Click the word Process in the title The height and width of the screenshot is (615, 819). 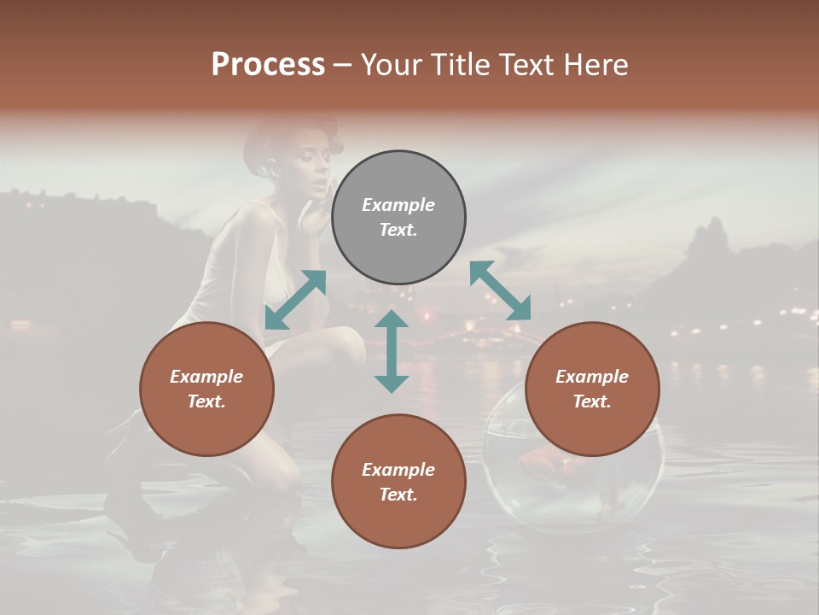coord(268,65)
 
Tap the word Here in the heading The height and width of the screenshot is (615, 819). coord(595,65)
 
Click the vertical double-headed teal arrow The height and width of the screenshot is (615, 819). coord(392,351)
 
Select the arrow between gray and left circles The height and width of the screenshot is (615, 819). coord(295,300)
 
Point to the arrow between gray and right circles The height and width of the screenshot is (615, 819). coord(500,290)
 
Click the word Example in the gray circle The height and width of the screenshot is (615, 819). coord(398,205)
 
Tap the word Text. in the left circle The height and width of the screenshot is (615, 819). coord(206,401)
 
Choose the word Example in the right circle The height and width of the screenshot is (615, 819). coord(592,377)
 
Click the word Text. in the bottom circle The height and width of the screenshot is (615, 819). coord(398,495)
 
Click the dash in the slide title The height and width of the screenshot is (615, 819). coord(343,65)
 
